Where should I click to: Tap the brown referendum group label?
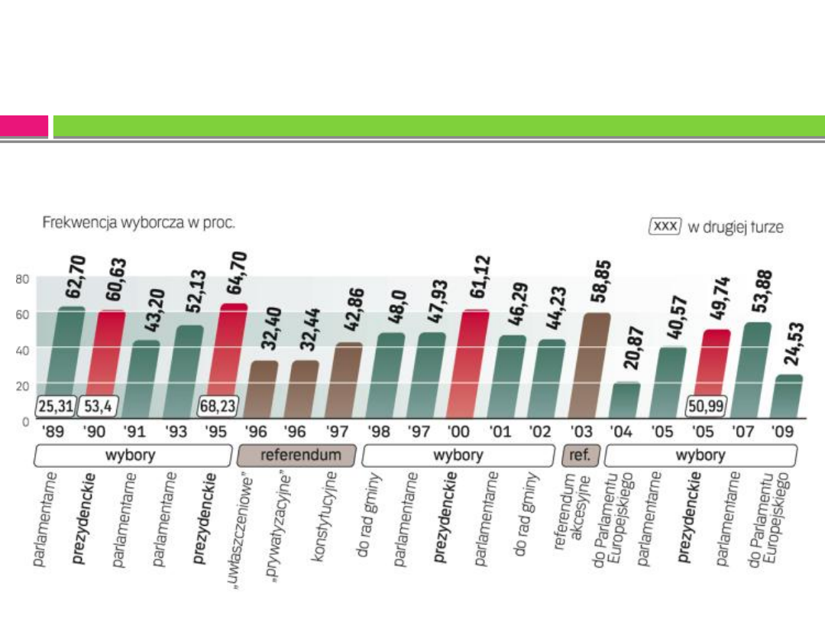296,456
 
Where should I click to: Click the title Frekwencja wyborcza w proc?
137,224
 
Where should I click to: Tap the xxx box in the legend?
664,227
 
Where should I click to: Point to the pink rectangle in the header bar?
24,126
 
